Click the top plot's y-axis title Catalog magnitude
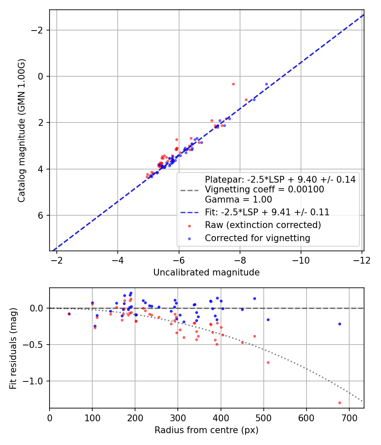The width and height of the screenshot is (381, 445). tap(22, 131)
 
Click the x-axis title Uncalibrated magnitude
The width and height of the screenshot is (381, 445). tap(206, 273)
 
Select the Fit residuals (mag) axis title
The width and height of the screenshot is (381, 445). tap(13, 348)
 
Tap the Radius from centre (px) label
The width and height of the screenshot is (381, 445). tap(206, 430)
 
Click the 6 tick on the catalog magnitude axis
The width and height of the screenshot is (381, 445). tap(41, 215)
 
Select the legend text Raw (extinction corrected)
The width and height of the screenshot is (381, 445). tap(262, 225)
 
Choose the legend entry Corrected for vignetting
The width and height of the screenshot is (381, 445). tap(257, 238)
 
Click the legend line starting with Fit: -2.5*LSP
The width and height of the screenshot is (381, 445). tap(267, 212)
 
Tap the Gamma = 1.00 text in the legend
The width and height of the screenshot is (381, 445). tap(238, 200)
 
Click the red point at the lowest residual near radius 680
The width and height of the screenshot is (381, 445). tap(340, 403)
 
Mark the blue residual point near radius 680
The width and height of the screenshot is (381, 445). tap(340, 324)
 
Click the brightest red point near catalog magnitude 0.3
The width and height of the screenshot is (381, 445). tap(233, 84)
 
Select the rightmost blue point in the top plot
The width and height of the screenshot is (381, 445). tap(266, 84)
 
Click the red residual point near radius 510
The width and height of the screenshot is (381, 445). tap(268, 362)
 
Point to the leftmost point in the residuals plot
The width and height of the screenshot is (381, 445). tap(69, 314)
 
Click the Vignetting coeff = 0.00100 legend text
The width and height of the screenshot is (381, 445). tap(264, 189)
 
